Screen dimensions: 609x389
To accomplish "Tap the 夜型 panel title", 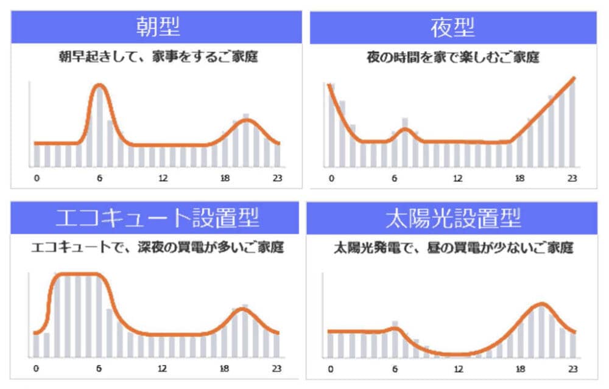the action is pyautogui.click(x=452, y=27).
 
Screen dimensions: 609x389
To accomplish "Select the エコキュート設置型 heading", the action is pyautogui.click(x=157, y=217).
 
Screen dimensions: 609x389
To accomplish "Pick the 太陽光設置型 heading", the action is pyautogui.click(x=453, y=218).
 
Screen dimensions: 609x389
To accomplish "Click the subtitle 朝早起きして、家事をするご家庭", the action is pyautogui.click(x=158, y=57).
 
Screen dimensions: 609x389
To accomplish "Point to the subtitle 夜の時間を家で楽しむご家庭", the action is pyautogui.click(x=453, y=57).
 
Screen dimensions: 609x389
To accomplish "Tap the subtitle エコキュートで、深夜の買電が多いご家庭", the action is pyautogui.click(x=157, y=247).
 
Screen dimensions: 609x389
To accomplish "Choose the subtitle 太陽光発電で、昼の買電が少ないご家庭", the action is pyautogui.click(x=453, y=247).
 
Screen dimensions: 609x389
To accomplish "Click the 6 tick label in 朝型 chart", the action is pyautogui.click(x=99, y=178).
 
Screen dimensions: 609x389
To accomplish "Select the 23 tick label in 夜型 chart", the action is pyautogui.click(x=572, y=178).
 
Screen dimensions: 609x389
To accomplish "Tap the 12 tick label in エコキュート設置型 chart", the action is pyautogui.click(x=162, y=368).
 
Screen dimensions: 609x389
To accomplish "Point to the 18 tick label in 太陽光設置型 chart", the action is pyautogui.click(x=520, y=369).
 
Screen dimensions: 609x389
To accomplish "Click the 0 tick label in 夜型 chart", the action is pyautogui.click(x=331, y=178).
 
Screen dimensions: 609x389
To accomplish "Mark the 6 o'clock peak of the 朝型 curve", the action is pyautogui.click(x=99, y=85).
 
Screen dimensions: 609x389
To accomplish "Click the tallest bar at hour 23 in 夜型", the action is pyautogui.click(x=572, y=124).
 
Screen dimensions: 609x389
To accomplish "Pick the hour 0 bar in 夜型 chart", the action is pyautogui.click(x=332, y=126).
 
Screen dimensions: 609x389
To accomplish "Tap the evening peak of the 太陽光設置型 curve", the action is pyautogui.click(x=541, y=304).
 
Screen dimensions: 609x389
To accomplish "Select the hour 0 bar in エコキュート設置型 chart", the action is pyautogui.click(x=36, y=346).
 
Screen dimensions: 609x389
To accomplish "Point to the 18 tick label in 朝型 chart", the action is pyautogui.click(x=225, y=178).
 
